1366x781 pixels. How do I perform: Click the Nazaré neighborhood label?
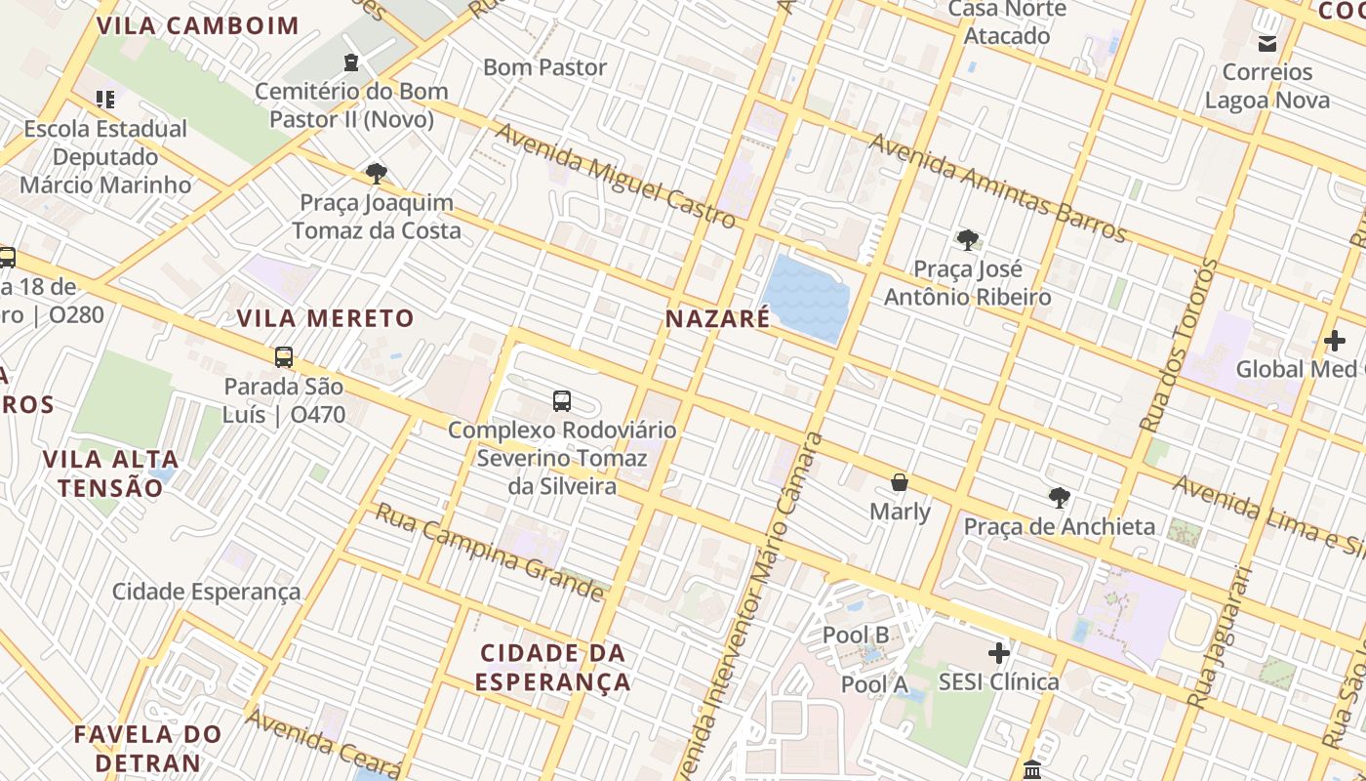click(x=717, y=318)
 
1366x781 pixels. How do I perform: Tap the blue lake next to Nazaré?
click(x=804, y=298)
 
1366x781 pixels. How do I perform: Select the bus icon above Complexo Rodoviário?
click(x=562, y=400)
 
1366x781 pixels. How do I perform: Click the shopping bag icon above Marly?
click(x=900, y=482)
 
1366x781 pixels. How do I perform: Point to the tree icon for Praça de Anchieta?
click(x=1059, y=498)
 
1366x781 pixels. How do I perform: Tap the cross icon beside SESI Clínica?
click(x=999, y=653)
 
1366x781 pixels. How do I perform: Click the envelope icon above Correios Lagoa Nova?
click(x=1267, y=43)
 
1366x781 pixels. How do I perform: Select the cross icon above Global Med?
click(x=1335, y=341)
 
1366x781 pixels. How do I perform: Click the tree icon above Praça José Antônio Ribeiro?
click(x=967, y=239)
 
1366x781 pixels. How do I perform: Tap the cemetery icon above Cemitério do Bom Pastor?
click(x=350, y=62)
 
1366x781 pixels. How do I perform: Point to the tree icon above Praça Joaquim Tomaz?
click(x=376, y=174)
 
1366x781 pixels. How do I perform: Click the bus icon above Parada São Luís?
click(x=284, y=357)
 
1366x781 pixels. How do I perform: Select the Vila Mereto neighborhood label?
click(x=326, y=318)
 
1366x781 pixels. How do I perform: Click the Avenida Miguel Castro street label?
click(x=616, y=176)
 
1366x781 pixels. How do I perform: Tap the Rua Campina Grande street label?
click(x=490, y=552)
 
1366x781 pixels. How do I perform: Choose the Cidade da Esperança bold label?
click(x=553, y=667)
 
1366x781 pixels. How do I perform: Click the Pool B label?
click(x=856, y=635)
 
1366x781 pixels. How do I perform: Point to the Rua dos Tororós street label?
click(x=1179, y=346)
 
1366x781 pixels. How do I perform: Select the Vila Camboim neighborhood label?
click(x=197, y=25)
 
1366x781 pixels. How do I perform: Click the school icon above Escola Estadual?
click(x=105, y=99)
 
